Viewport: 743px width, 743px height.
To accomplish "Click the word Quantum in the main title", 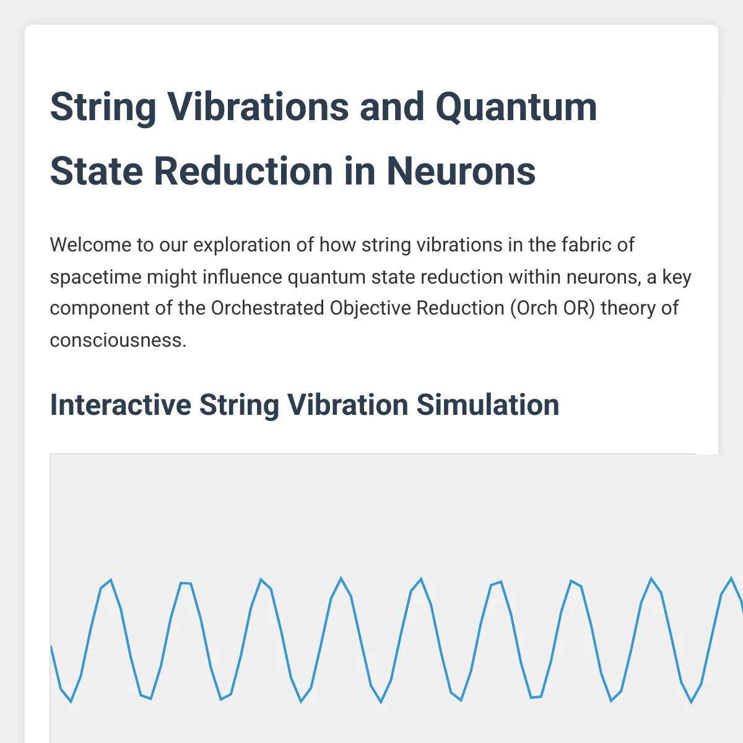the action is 516,107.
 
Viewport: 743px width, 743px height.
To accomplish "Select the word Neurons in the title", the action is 461,171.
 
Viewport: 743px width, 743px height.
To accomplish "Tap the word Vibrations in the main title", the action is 258,106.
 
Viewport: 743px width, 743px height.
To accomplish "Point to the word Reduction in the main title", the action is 243,171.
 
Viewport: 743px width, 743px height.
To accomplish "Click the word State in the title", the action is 97,171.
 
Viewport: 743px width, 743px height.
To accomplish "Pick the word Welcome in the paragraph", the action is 90,245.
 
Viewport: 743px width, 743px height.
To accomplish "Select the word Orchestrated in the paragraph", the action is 267,308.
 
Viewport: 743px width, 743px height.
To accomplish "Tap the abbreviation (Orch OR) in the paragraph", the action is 552,308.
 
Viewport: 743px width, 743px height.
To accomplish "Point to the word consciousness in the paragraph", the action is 118,341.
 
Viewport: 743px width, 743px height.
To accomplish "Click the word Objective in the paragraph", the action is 370,309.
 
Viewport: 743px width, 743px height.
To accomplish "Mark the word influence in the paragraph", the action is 242,276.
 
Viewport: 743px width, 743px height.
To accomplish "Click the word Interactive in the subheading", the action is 121,405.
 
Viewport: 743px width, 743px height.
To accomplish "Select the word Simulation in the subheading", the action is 488,405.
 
